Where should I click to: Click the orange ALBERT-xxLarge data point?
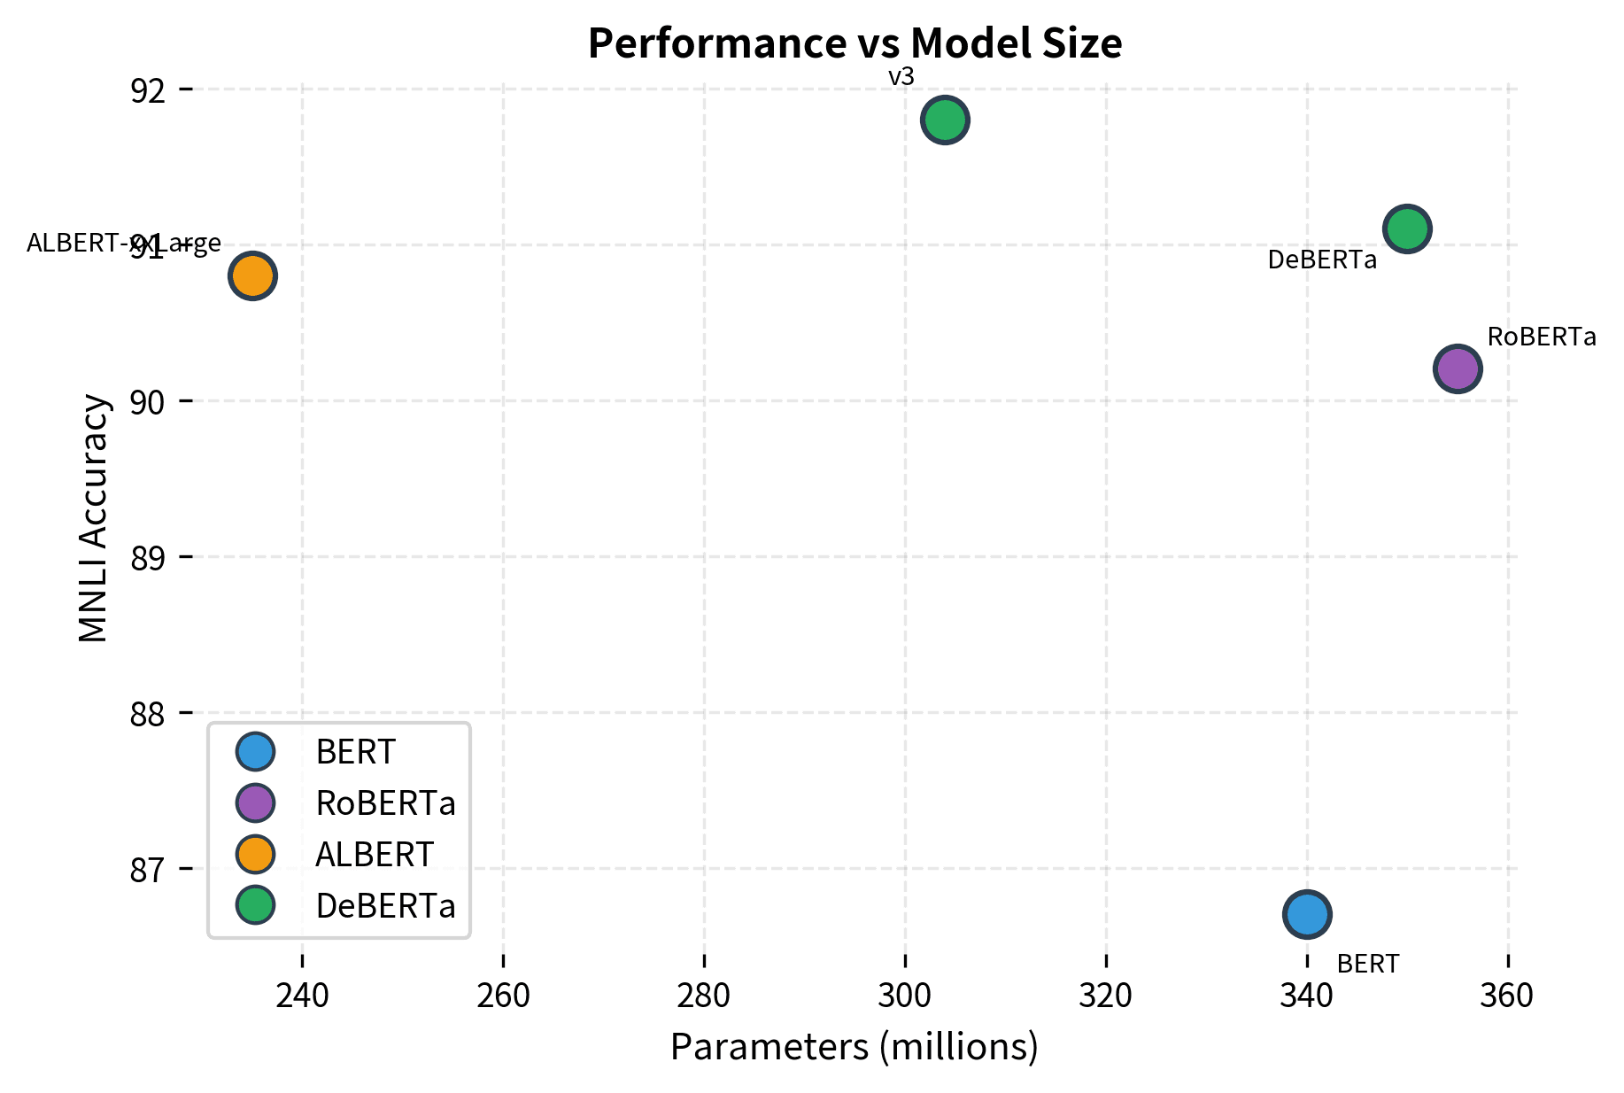(252, 275)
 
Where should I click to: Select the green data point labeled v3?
(945, 120)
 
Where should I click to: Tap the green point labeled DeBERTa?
(1407, 229)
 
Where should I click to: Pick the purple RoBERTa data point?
(1458, 368)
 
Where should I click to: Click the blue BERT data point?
(1307, 914)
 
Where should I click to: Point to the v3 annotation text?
(901, 77)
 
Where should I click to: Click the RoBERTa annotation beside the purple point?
(1541, 337)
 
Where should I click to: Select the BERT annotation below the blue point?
(1368, 964)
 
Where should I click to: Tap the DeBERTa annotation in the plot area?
(1322, 260)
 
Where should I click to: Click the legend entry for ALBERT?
(375, 855)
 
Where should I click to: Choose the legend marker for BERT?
(256, 751)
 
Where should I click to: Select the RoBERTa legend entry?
(385, 803)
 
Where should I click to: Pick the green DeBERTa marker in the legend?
(256, 905)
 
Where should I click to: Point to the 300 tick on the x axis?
(905, 996)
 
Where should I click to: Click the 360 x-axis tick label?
(1507, 996)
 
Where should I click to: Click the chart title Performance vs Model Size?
(855, 43)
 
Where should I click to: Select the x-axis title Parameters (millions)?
(854, 1047)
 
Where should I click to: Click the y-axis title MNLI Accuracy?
(94, 518)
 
